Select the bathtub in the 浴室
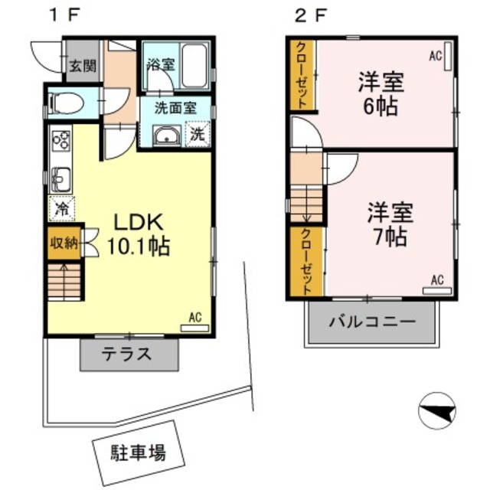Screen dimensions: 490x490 [194, 67]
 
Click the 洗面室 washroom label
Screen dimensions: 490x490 [175, 108]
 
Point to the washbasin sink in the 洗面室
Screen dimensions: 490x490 [166, 136]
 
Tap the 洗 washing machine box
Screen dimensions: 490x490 [197, 134]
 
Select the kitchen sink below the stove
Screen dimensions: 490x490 [61, 179]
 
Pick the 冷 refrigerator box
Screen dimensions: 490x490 [60, 207]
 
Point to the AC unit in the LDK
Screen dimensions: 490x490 [194, 327]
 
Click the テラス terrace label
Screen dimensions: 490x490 [129, 354]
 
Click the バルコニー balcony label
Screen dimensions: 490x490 [372, 321]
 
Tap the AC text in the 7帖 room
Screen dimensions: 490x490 [437, 279]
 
